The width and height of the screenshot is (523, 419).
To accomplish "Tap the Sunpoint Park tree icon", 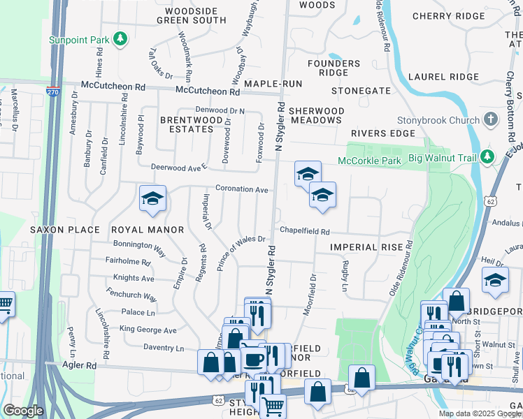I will pyautogui.click(x=121, y=38).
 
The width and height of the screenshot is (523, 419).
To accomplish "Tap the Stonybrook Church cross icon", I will pyautogui.click(x=492, y=119).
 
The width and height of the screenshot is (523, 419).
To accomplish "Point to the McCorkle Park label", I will pyautogui.click(x=369, y=161).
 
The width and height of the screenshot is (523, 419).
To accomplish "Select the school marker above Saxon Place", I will pyautogui.click(x=152, y=200).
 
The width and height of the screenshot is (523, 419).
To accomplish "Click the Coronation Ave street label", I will pyautogui.click(x=242, y=189).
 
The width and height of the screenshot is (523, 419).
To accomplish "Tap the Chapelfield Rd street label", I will pyautogui.click(x=304, y=230).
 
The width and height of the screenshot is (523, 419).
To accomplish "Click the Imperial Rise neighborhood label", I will pyautogui.click(x=367, y=247).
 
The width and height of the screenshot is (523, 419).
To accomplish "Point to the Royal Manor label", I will pyautogui.click(x=147, y=229).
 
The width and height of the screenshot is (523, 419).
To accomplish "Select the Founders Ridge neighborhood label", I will pyautogui.click(x=339, y=68).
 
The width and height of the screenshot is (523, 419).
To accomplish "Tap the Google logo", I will pyautogui.click(x=24, y=411).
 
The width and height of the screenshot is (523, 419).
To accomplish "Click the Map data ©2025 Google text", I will pyautogui.click(x=479, y=413).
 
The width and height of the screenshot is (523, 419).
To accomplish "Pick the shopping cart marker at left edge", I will pyautogui.click(x=5, y=305).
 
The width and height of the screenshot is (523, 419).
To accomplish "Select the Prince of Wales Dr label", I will pyautogui.click(x=241, y=253).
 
